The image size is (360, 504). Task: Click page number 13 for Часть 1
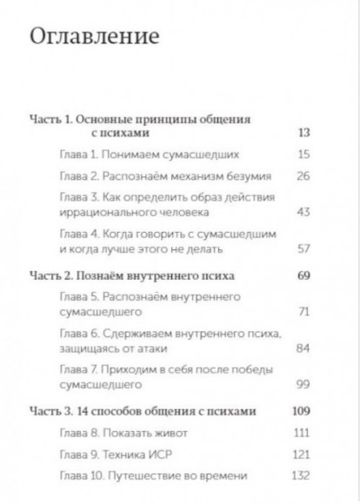click(303, 133)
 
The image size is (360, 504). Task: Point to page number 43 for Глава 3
click(303, 212)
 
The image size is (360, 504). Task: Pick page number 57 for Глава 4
click(303, 249)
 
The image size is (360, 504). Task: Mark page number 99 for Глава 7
click(303, 383)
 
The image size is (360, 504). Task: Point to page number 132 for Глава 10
click(301, 475)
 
